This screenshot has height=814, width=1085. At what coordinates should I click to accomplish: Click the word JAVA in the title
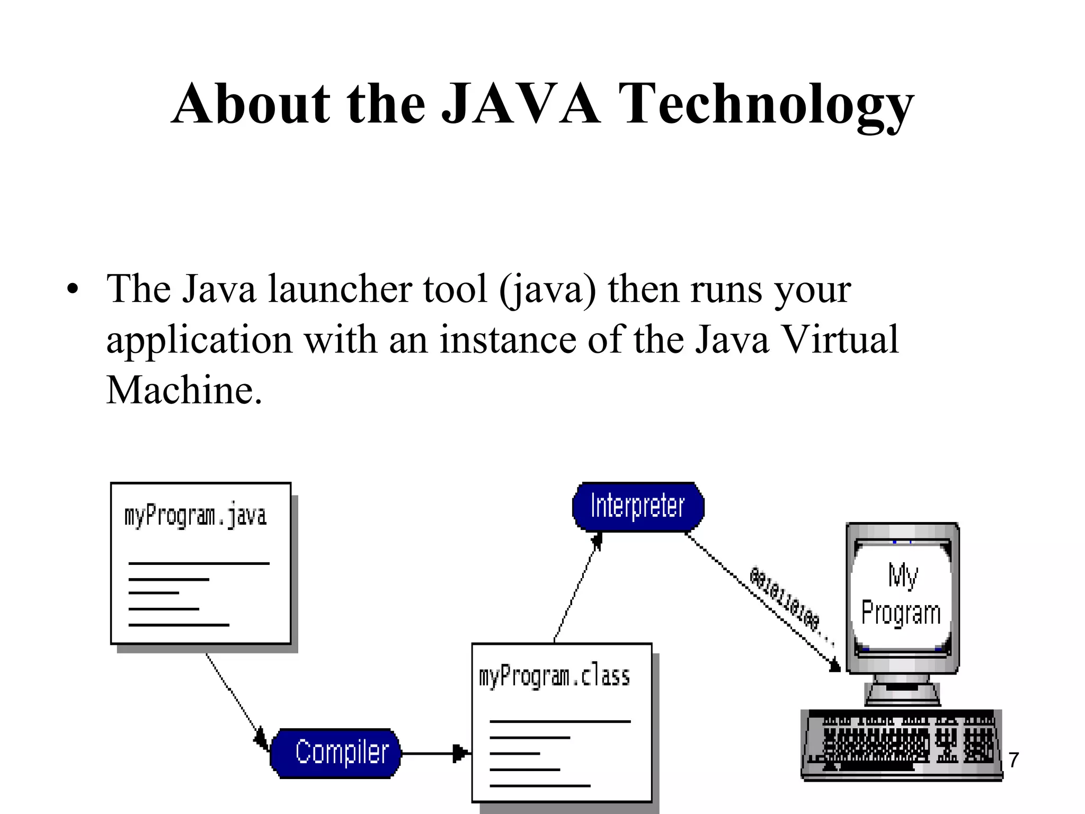[x=521, y=104]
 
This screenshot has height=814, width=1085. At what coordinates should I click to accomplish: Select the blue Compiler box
[x=336, y=753]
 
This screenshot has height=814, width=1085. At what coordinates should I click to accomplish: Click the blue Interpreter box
[x=638, y=506]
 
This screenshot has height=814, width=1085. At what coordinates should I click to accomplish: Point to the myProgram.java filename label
[x=195, y=516]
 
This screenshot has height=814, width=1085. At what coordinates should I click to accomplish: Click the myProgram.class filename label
[x=554, y=677]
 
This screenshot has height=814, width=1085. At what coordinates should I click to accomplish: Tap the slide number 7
[x=1013, y=760]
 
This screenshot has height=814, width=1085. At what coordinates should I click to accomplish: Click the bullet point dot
[x=73, y=290]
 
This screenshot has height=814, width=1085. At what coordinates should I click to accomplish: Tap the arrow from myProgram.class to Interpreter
[x=577, y=588]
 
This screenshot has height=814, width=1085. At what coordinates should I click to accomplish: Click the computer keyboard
[x=901, y=745]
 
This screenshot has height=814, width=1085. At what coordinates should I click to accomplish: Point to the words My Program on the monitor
[x=901, y=595]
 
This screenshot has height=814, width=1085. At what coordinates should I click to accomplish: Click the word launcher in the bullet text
[x=340, y=290]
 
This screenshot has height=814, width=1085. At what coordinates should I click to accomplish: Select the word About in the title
[x=251, y=104]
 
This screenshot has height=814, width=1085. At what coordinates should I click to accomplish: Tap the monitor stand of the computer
[x=902, y=691]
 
